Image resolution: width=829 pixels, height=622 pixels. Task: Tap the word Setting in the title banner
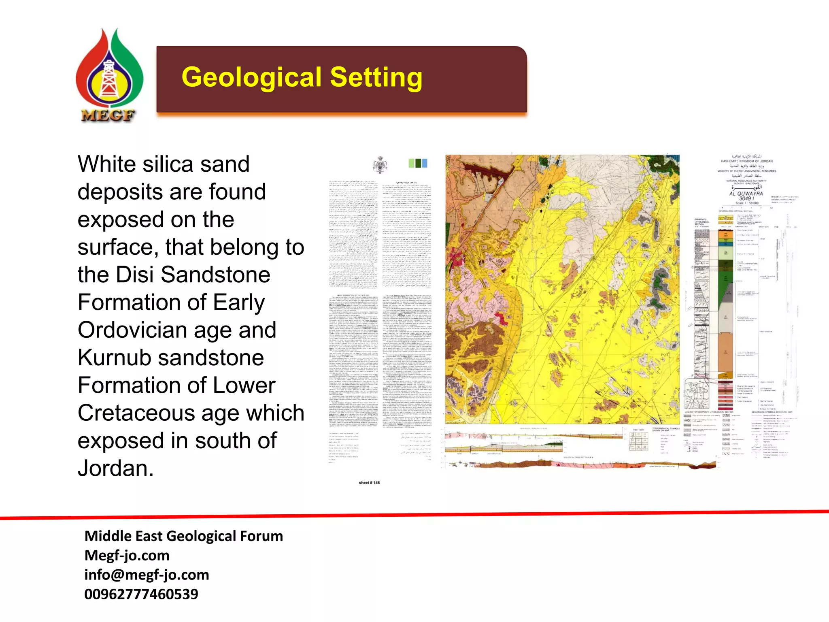376,77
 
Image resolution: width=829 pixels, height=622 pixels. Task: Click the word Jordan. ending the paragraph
115,469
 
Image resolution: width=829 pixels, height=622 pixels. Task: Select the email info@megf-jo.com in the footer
147,575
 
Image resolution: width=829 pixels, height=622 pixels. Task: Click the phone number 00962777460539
141,594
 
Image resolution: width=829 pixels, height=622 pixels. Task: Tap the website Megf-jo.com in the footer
127,555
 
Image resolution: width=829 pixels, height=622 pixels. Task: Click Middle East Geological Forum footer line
183,536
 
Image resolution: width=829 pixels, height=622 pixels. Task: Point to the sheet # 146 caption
369,483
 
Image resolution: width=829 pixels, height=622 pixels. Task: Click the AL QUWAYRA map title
746,194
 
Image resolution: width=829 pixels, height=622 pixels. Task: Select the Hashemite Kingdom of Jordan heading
746,161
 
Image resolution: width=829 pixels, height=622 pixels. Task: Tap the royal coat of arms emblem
380,165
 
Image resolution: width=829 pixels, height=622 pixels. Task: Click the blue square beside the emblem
425,163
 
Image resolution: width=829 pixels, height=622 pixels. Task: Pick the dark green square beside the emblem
418,163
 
